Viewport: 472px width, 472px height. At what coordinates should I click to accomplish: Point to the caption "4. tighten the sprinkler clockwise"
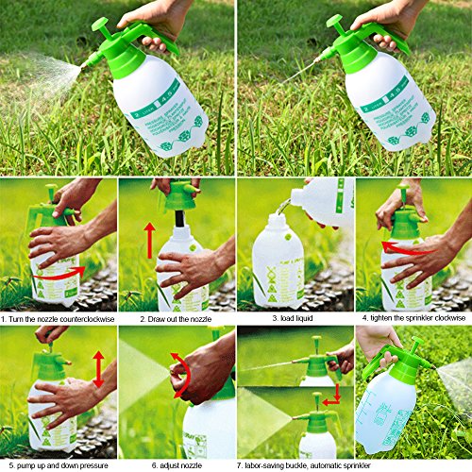point(413,319)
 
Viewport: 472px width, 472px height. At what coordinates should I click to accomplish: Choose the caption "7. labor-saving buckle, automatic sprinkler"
point(295,465)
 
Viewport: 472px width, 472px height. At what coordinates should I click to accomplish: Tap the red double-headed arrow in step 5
point(97,368)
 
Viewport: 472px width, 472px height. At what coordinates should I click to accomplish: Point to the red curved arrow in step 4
point(395,248)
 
